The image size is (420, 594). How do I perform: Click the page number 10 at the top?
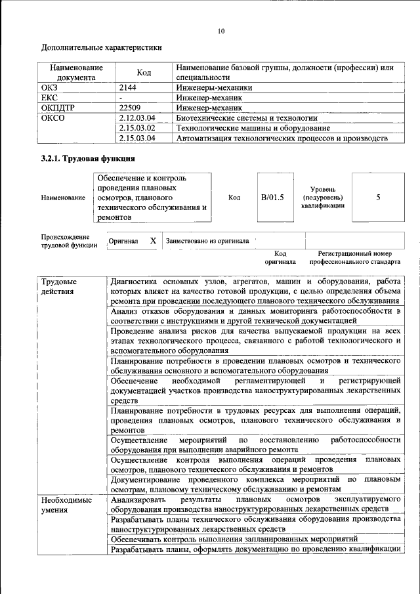pos(221,30)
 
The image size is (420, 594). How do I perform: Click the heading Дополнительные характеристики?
pos(102,47)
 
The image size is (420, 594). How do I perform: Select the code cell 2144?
pos(128,87)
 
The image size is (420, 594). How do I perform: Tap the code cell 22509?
pos(130,108)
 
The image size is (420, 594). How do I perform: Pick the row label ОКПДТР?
pos(58,108)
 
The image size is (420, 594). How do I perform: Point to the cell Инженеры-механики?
pos(214,87)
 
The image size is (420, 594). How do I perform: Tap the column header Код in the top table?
pos(145,72)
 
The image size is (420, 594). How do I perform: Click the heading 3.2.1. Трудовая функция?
pos(89,159)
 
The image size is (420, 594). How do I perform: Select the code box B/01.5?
pos(272,197)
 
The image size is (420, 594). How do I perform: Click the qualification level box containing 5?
pos(378,197)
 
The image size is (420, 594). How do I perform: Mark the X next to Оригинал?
pos(153,241)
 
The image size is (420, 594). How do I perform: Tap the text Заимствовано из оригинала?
pos(207,241)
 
